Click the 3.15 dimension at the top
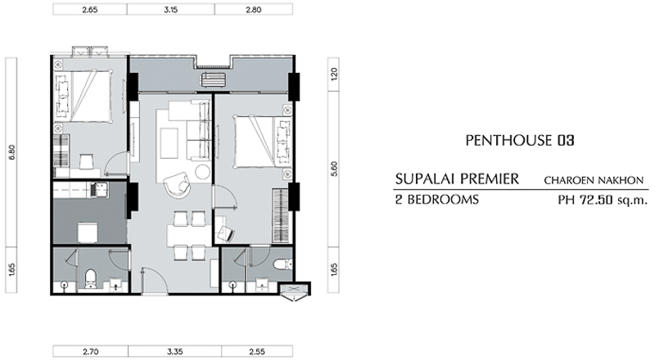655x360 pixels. pyautogui.click(x=170, y=10)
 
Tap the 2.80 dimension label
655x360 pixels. pyautogui.click(x=253, y=10)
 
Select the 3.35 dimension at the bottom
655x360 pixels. pyautogui.click(x=174, y=352)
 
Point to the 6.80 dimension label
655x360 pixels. pyautogui.click(x=12, y=152)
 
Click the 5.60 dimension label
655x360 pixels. pyautogui.click(x=334, y=169)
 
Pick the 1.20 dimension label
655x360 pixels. pyautogui.click(x=334, y=74)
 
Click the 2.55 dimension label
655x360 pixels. pyautogui.click(x=256, y=352)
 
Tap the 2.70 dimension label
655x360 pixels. pyautogui.click(x=90, y=352)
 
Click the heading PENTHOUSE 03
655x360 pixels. pyautogui.click(x=520, y=141)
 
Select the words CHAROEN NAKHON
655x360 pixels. pyautogui.click(x=594, y=181)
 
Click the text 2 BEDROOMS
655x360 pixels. pyautogui.click(x=437, y=200)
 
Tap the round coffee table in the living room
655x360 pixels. pyautogui.click(x=203, y=171)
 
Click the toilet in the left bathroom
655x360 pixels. pyautogui.click(x=90, y=279)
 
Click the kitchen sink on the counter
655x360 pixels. pyautogui.click(x=100, y=190)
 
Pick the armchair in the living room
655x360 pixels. pyautogui.click(x=176, y=184)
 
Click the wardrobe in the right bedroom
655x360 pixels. pyautogui.click(x=281, y=215)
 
